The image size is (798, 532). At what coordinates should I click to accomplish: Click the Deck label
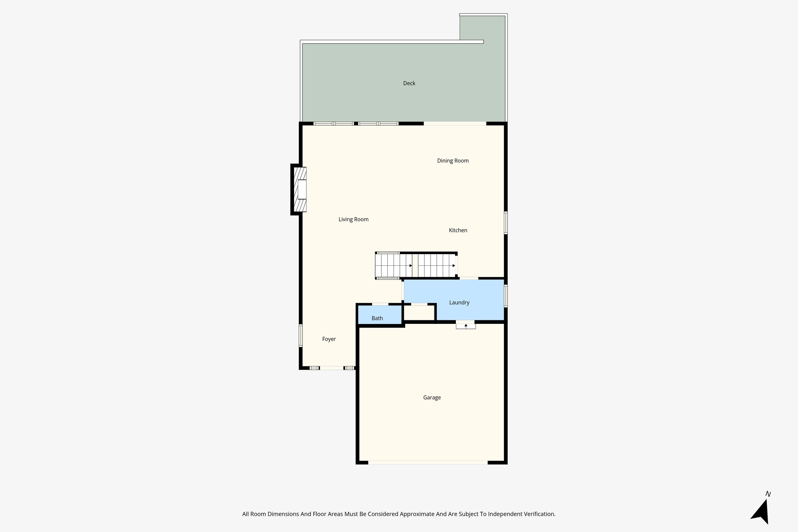pos(409,83)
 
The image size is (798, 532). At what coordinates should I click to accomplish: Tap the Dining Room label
pos(453,161)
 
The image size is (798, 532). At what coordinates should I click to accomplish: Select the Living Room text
pos(353,219)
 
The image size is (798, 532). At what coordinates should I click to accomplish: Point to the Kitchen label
pos(458,230)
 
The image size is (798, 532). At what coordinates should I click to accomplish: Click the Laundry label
pos(459,302)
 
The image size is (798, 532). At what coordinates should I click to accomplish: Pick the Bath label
pos(377,318)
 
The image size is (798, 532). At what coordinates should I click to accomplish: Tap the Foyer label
pos(329,339)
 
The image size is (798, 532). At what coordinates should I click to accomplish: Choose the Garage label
pos(432,398)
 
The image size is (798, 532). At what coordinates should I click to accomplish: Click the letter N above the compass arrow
pos(768,494)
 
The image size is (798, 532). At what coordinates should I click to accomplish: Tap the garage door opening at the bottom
pos(428,463)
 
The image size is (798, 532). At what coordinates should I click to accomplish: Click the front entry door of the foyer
pos(332,368)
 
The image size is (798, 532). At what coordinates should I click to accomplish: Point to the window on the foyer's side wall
pos(300,335)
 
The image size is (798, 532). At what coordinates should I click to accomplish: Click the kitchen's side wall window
pos(506,223)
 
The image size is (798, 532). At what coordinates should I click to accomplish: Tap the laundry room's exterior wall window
pos(506,296)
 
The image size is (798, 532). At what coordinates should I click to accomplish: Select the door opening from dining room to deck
pos(455,124)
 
